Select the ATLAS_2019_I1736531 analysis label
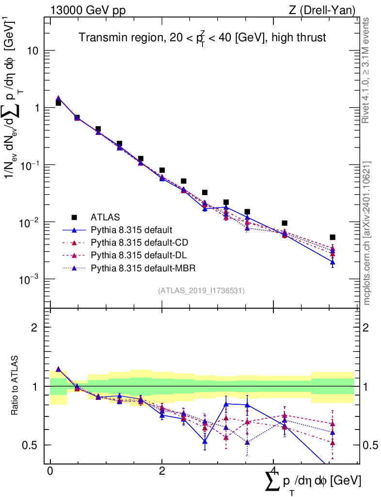[201, 291]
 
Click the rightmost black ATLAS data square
[333, 237]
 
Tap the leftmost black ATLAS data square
[58, 103]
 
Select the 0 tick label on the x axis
[50, 471]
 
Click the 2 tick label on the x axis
[162, 471]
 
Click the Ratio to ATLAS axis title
[15, 386]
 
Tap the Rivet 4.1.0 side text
[367, 70]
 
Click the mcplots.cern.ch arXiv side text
[367, 233]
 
